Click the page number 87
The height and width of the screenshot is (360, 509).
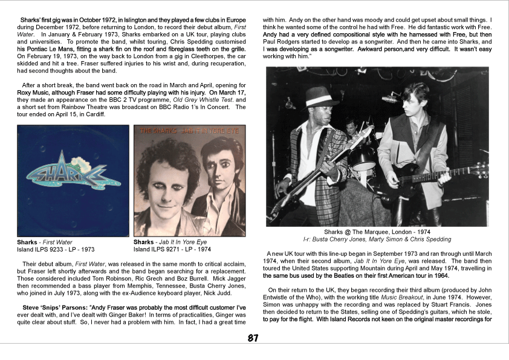254,338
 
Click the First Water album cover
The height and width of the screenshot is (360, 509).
73,180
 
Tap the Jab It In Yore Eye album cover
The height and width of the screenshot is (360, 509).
189,180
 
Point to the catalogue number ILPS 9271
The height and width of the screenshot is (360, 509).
170,249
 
